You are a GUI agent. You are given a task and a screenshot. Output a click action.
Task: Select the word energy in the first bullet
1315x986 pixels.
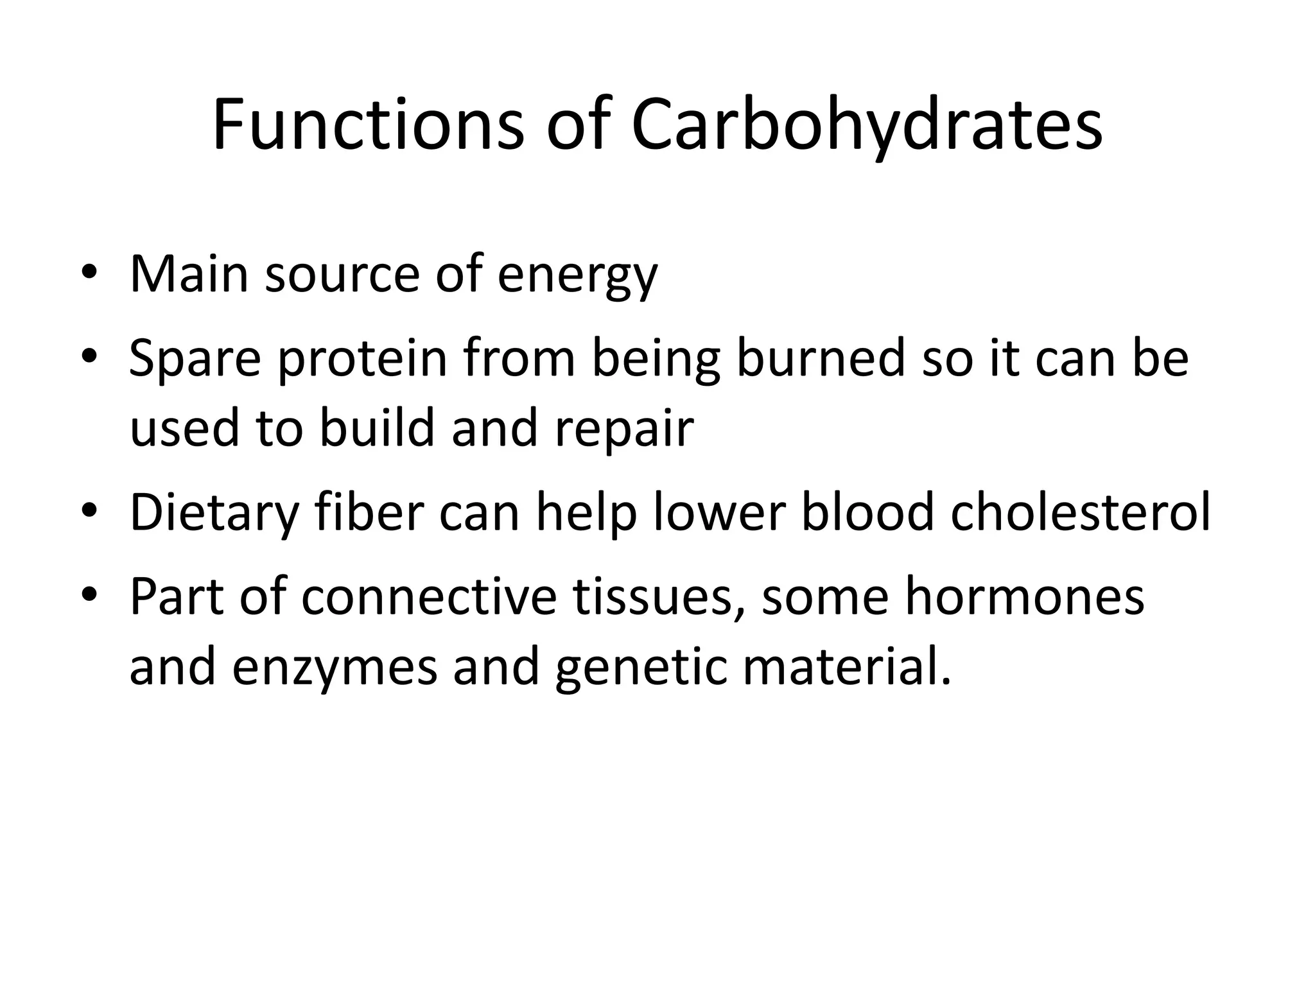coord(577,276)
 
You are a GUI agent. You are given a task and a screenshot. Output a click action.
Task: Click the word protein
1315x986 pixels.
coord(362,360)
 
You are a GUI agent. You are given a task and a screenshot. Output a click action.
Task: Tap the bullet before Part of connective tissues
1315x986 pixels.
coord(89,594)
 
